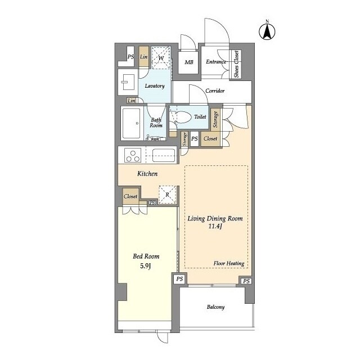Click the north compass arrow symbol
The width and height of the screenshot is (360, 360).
pyautogui.click(x=267, y=31)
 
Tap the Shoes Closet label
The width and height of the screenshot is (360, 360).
pyautogui.click(x=236, y=64)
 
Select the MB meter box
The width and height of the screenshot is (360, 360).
pyautogui.click(x=188, y=62)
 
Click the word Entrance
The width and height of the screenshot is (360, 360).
pyautogui.click(x=216, y=62)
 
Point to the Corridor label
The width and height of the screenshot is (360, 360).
pyautogui.click(x=215, y=91)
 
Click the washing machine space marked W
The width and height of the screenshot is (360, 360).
pyautogui.click(x=161, y=57)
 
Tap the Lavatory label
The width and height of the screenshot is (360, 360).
pyautogui.click(x=155, y=86)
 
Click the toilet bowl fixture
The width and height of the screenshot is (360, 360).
pyautogui.click(x=181, y=117)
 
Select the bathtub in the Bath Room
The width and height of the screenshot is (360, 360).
pyautogui.click(x=131, y=123)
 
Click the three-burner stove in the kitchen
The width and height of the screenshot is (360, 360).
pyautogui.click(x=133, y=155)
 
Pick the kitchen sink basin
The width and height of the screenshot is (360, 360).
pyautogui.click(x=164, y=155)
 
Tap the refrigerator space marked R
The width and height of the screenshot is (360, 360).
pyautogui.click(x=168, y=195)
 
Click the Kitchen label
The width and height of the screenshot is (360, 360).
pyautogui.click(x=147, y=174)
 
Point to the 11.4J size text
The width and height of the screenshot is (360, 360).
pyautogui.click(x=215, y=227)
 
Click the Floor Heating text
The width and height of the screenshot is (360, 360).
pyautogui.click(x=229, y=263)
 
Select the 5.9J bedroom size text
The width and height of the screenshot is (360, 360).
pyautogui.click(x=145, y=266)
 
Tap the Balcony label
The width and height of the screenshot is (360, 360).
pyautogui.click(x=215, y=307)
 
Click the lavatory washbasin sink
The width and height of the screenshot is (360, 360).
pyautogui.click(x=128, y=82)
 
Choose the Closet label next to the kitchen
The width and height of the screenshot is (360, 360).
pyautogui.click(x=130, y=196)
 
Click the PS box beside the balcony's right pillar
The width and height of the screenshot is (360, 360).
pyautogui.click(x=246, y=281)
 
